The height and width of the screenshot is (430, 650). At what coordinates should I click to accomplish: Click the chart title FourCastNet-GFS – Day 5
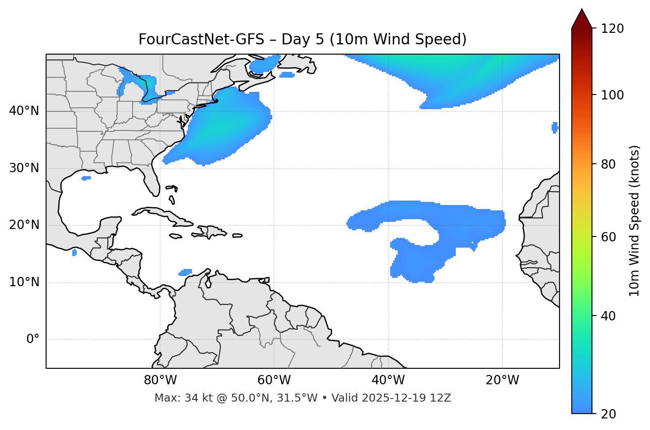pos(302,39)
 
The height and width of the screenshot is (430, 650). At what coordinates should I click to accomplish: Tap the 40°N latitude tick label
pos(24,111)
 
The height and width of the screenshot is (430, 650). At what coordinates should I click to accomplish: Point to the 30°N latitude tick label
pos(24,168)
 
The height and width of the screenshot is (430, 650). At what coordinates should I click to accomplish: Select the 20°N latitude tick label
pos(24,225)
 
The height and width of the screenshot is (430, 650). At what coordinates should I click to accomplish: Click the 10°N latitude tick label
pos(24,282)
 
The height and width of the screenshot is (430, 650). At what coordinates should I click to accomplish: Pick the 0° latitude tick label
pos(33,339)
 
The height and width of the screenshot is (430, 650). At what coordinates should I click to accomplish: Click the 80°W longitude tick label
pos(160,380)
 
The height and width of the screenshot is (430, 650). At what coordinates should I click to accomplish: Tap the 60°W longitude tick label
pos(274,380)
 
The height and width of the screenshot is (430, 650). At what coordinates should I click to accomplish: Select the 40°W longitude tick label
pos(388,380)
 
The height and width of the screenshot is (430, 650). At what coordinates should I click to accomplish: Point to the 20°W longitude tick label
pos(502,380)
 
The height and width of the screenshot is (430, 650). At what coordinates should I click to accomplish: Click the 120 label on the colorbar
pos(612,29)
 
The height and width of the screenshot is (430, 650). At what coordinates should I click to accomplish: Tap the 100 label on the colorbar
pos(612,95)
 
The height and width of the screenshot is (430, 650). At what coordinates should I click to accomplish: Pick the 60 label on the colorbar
pos(608,237)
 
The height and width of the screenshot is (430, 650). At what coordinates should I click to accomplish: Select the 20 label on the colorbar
pos(608,414)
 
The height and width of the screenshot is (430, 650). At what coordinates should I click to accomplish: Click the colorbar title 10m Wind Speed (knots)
pos(634,221)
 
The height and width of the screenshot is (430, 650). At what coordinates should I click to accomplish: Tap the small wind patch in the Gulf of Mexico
pos(86,178)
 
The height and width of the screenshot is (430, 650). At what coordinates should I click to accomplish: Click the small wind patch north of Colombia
pos(185,272)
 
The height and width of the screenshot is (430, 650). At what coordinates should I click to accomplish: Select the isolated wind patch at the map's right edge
pos(555,128)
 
